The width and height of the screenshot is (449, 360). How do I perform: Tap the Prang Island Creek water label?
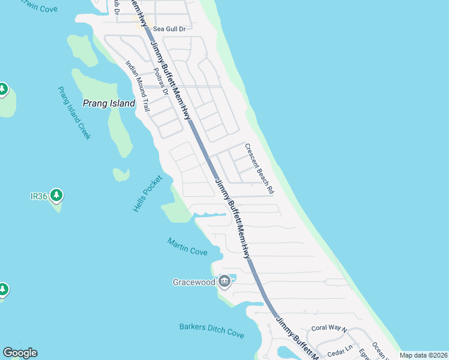74,113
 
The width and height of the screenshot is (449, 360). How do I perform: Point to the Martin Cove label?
187,247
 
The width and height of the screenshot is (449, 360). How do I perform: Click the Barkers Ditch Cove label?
212,331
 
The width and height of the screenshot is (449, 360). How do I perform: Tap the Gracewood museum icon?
224,281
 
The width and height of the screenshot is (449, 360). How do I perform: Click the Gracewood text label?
193,282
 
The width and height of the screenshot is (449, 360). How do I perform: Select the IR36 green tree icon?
56,195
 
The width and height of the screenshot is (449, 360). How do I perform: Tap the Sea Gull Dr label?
170,28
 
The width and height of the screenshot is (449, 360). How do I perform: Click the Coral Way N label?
329,329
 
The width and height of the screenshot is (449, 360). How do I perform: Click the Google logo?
20,353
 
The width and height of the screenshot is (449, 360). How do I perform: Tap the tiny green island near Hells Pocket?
121,174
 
